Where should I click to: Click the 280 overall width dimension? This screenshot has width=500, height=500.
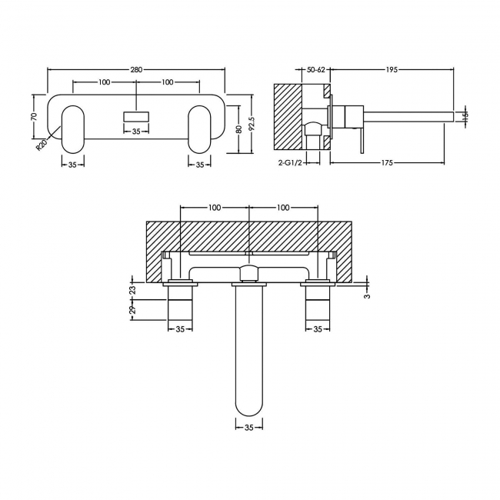click(136, 70)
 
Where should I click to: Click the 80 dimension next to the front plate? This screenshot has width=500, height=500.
click(239, 128)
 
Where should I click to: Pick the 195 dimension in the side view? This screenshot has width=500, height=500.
click(391, 70)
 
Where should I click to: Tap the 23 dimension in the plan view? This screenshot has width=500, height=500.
click(132, 289)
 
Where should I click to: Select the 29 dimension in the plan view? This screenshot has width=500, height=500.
click(132, 310)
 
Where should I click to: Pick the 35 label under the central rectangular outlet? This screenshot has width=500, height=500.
click(136, 132)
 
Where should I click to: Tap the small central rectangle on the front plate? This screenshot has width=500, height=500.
click(136, 116)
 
